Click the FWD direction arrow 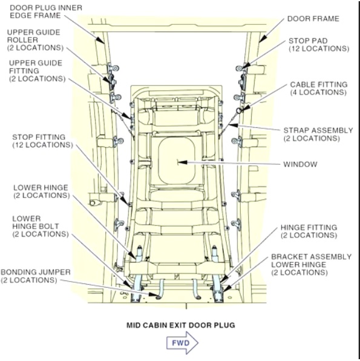click(182, 343)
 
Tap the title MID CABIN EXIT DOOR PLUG click(181, 325)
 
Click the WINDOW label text click(300, 164)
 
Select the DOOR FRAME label click(313, 19)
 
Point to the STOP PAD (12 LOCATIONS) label click(319, 45)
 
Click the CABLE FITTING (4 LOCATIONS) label click(319, 88)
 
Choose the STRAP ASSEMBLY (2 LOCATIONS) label click(318, 134)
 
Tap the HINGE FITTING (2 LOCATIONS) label click(309, 231)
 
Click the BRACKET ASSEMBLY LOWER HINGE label click(311, 265)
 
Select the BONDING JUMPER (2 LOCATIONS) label click(36, 276)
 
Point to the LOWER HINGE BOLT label click(41, 227)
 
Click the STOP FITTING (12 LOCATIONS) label click(42, 141)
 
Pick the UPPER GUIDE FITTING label click(38, 71)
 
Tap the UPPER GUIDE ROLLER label click(35, 40)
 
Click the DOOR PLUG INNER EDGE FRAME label click(46, 12)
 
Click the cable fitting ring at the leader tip click(240, 111)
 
